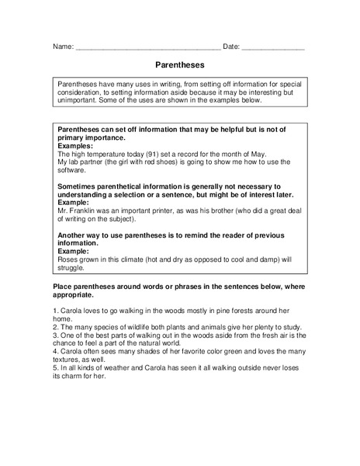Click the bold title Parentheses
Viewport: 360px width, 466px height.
click(179, 68)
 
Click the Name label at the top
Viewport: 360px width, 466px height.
click(63, 47)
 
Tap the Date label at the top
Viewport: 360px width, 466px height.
click(231, 47)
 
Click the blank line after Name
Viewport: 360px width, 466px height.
click(147, 48)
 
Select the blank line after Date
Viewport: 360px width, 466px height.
click(273, 48)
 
